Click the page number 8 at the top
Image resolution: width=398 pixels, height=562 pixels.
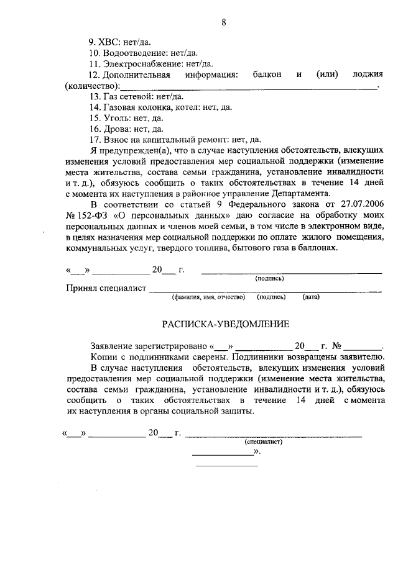coord(223,24)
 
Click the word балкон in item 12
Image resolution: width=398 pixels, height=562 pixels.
coord(267,75)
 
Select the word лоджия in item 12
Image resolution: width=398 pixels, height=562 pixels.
coord(367,75)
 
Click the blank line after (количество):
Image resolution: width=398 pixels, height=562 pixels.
coord(249,86)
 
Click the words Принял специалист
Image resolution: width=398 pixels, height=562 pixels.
coord(105,288)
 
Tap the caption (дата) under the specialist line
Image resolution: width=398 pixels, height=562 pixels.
coord(311,297)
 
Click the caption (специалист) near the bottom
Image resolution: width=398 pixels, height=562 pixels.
coord(264,442)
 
